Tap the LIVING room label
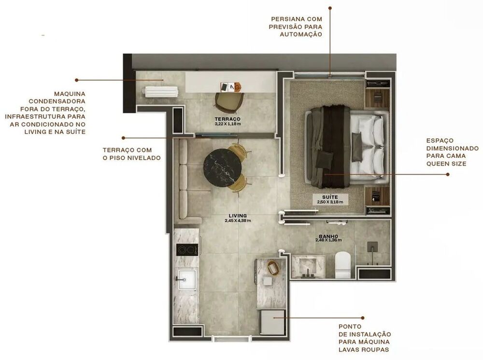tap(238, 216)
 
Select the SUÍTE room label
tap(330, 197)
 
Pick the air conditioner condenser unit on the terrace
tap(160, 91)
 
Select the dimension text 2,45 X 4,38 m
tap(238, 221)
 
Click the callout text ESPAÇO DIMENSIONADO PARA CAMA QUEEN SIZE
tap(445, 152)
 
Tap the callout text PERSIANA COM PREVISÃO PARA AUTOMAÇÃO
tap(296, 27)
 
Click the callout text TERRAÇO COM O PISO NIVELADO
tap(131, 154)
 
